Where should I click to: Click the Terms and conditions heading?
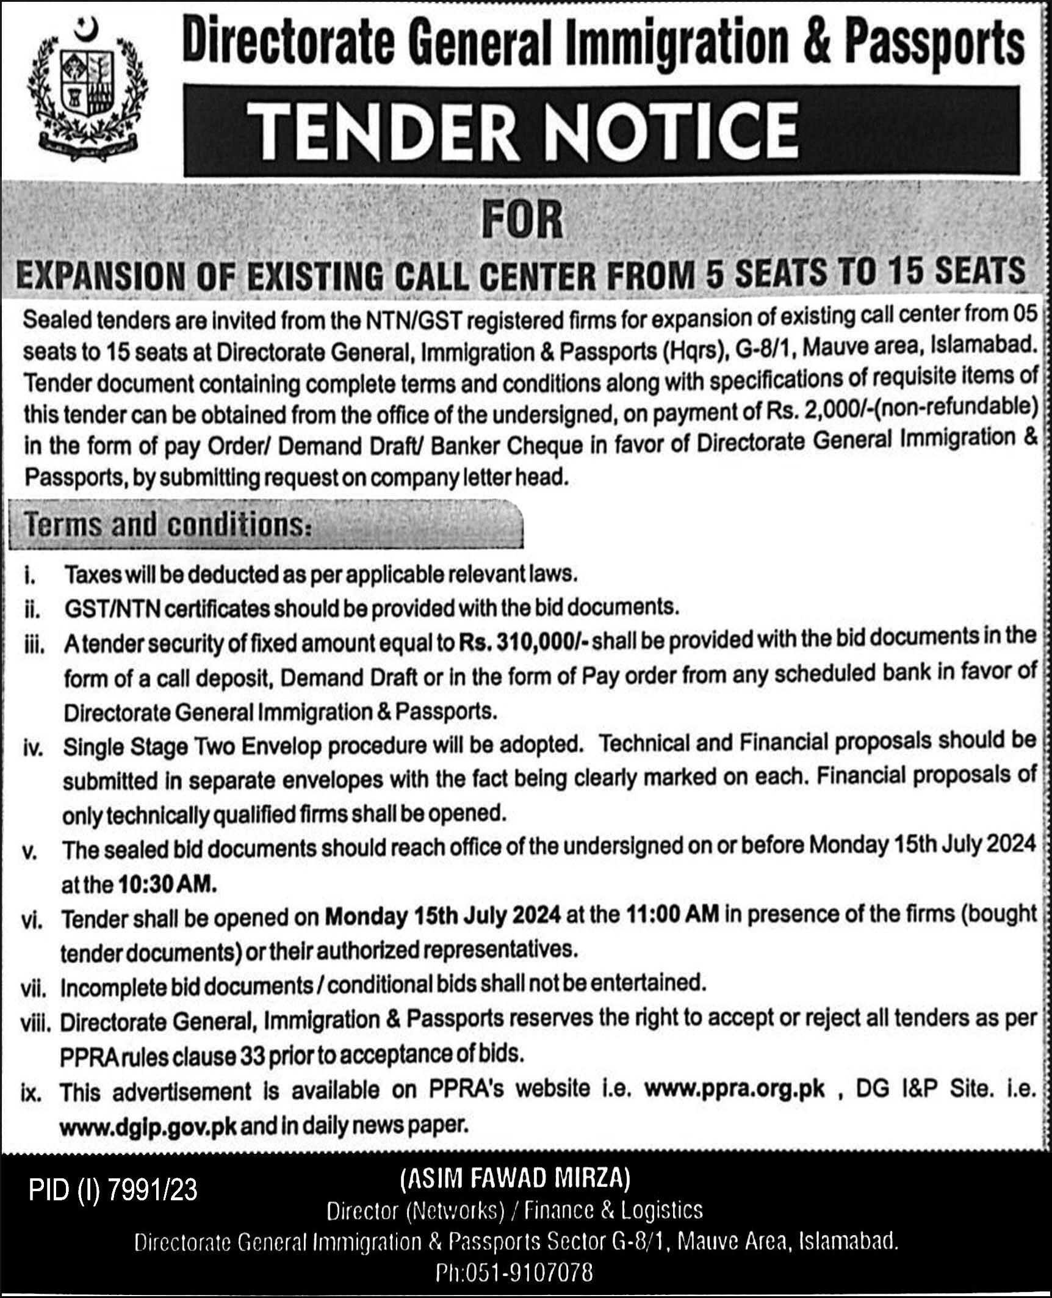[x=165, y=526]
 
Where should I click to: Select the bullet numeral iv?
[x=34, y=749]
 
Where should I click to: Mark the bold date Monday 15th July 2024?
[x=442, y=916]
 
